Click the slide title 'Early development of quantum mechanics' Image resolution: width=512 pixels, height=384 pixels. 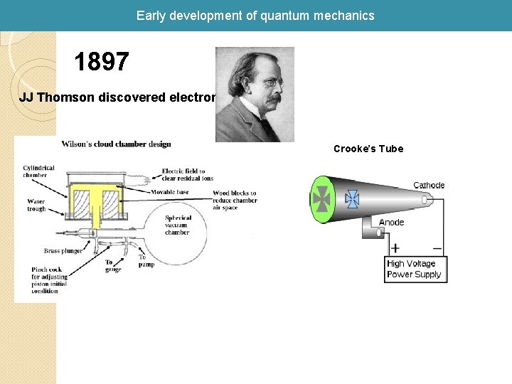pyautogui.click(x=255, y=15)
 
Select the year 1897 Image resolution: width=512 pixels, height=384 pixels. pyautogui.click(x=102, y=63)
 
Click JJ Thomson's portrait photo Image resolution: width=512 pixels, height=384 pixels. pyautogui.click(x=255, y=95)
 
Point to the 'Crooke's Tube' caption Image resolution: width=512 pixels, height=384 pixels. pyautogui.click(x=368, y=149)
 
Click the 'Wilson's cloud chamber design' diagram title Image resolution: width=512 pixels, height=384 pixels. pyautogui.click(x=116, y=144)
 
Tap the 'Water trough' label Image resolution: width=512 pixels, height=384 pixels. pyautogui.click(x=36, y=205)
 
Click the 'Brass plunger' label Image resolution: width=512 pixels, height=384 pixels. pyautogui.click(x=62, y=250)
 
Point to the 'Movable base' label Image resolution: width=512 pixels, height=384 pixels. pyautogui.click(x=170, y=192)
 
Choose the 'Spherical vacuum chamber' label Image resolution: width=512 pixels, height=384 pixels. pyautogui.click(x=177, y=225)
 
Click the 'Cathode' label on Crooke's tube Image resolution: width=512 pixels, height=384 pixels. pyautogui.click(x=429, y=186)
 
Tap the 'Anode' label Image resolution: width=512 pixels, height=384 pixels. pyautogui.click(x=391, y=223)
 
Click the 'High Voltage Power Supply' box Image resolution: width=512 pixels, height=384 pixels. pyautogui.click(x=415, y=269)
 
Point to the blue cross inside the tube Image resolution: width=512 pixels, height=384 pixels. pyautogui.click(x=352, y=199)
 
